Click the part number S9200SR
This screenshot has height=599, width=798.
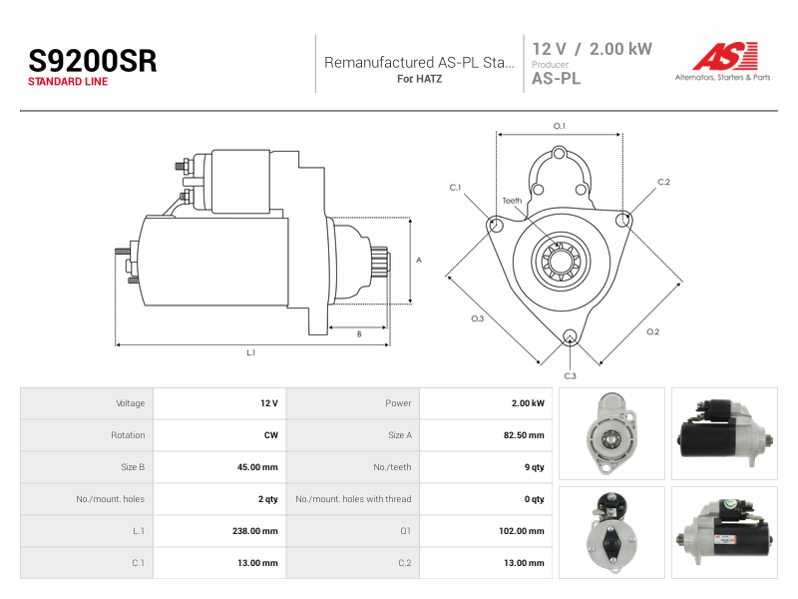pos(93,61)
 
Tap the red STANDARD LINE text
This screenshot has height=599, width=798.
pos(68,82)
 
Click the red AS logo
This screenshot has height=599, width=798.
pos(726,56)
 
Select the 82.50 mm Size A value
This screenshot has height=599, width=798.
pos(524,435)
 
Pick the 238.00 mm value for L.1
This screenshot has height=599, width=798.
pos(255,531)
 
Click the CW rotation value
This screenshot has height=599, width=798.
pos(270,435)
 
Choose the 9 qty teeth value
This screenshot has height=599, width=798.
pos(535,467)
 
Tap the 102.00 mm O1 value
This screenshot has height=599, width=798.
pos(521,531)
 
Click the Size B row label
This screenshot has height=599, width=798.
pos(133,467)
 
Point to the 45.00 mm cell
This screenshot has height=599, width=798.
pos(257,467)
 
